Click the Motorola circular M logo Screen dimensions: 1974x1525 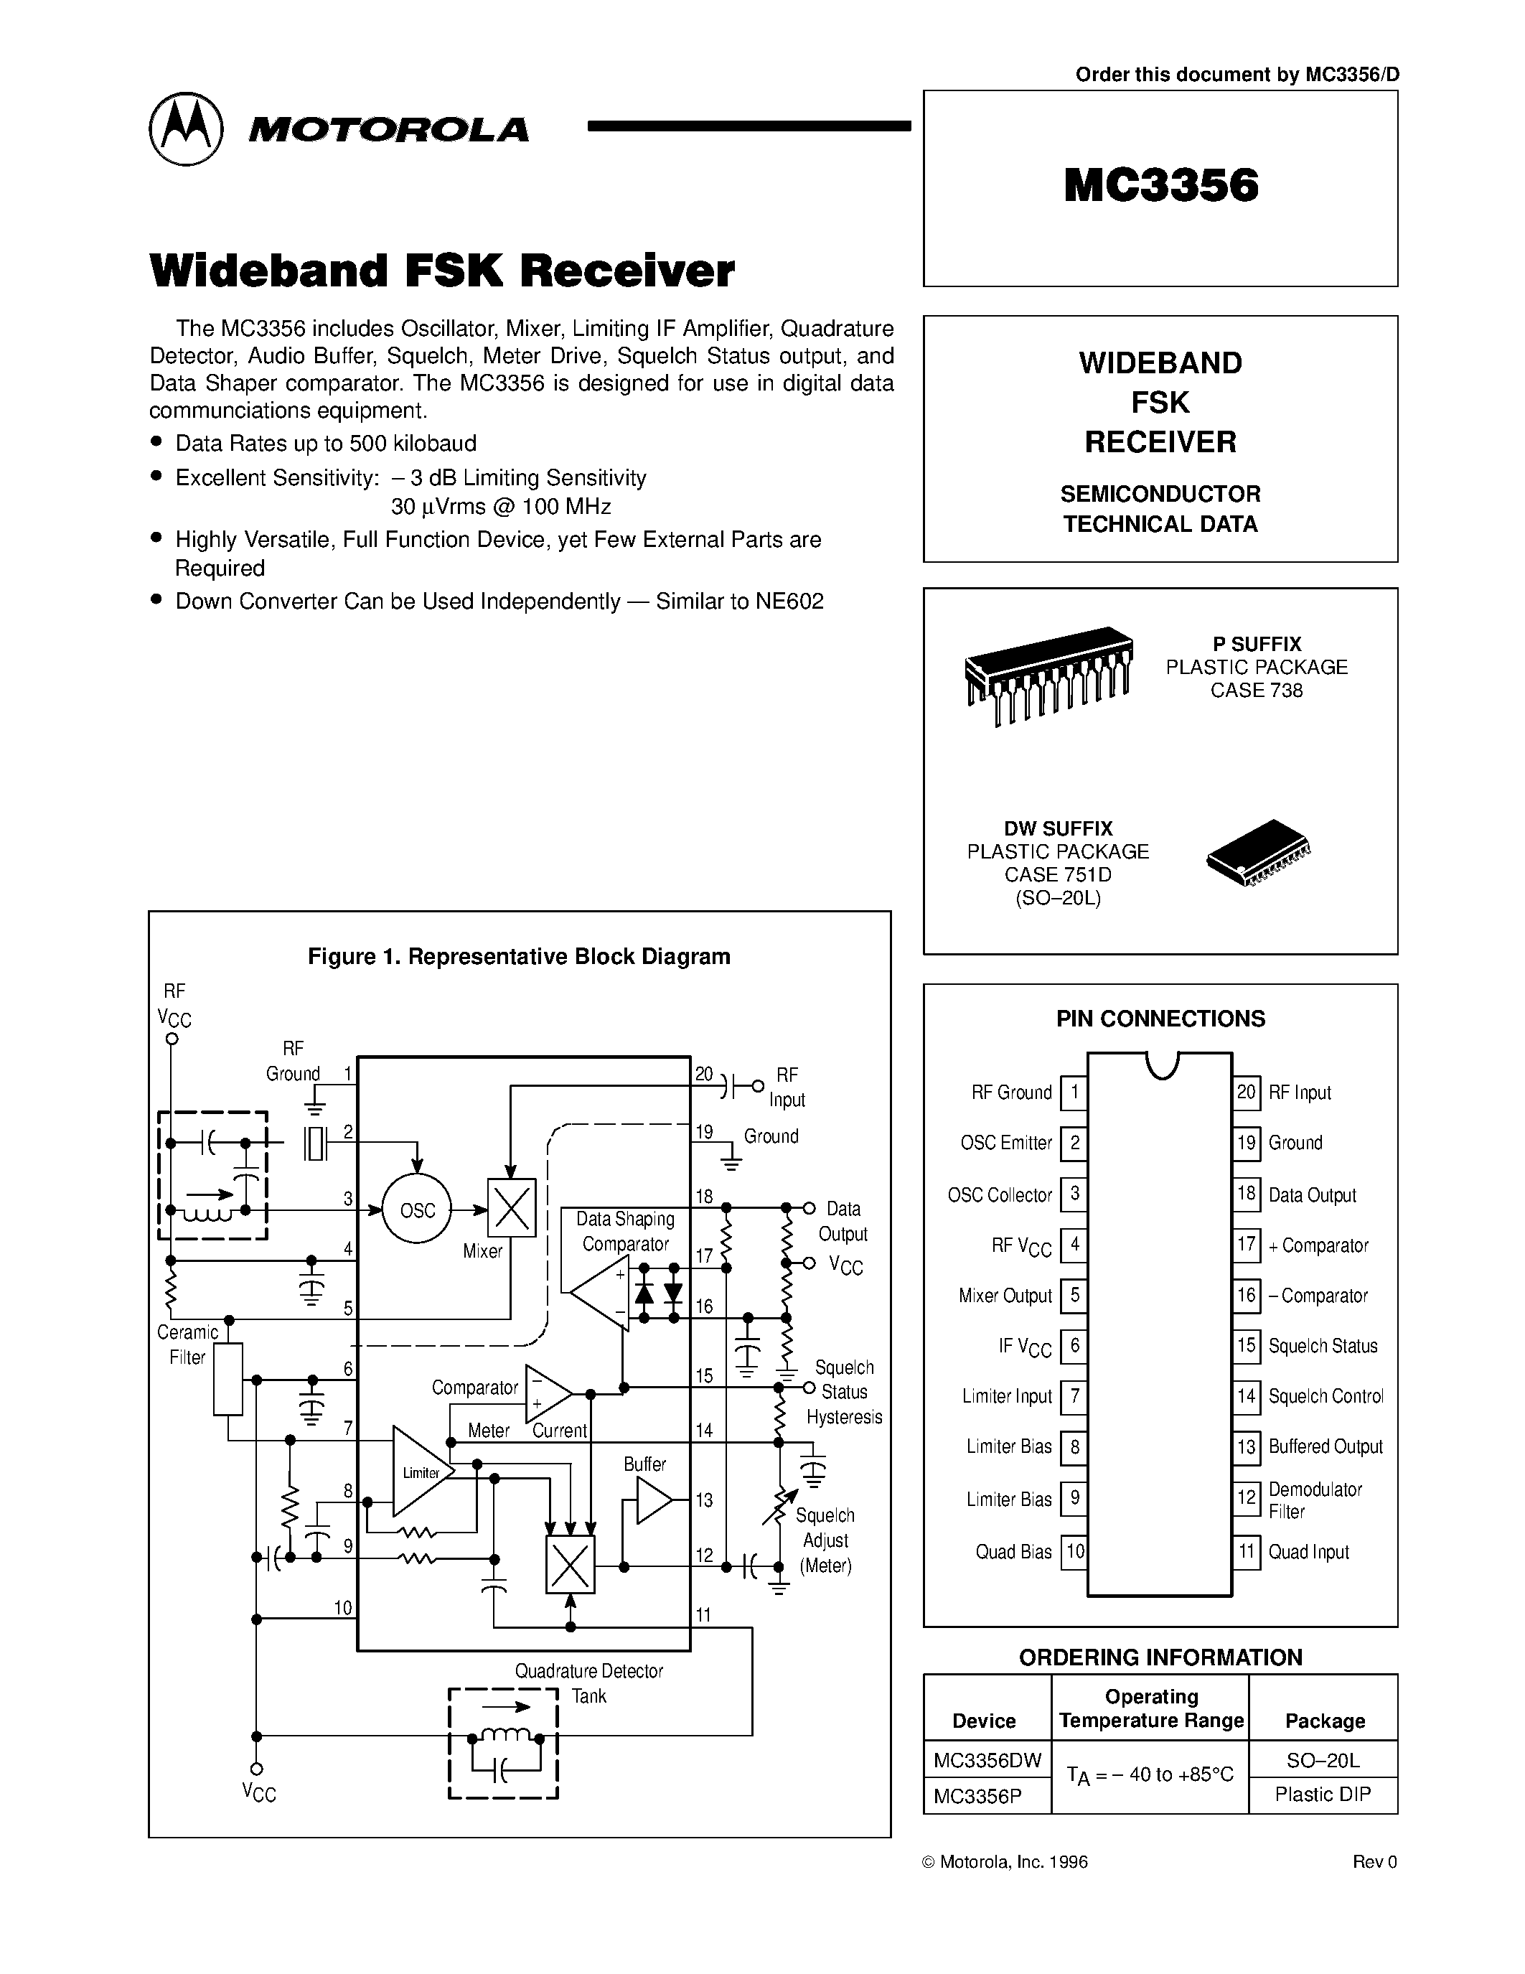click(x=185, y=128)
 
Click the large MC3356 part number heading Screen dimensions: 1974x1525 click(x=1161, y=185)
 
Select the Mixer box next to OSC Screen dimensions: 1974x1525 click(x=512, y=1207)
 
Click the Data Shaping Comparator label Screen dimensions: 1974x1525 click(x=625, y=1231)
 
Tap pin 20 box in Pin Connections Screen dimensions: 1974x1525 click(x=1246, y=1092)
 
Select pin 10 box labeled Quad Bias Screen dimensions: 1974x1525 click(x=1074, y=1552)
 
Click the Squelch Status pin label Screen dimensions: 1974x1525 click(x=1323, y=1346)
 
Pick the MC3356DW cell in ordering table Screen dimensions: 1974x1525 click(x=987, y=1760)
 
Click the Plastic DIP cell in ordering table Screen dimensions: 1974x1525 click(x=1323, y=1794)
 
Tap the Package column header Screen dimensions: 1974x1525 click(x=1325, y=1721)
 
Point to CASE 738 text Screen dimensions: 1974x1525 click(x=1257, y=691)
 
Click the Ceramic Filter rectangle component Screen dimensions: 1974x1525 click(x=227, y=1379)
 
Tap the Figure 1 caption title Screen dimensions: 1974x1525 click(x=519, y=956)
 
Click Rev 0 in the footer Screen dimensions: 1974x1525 click(x=1374, y=1862)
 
